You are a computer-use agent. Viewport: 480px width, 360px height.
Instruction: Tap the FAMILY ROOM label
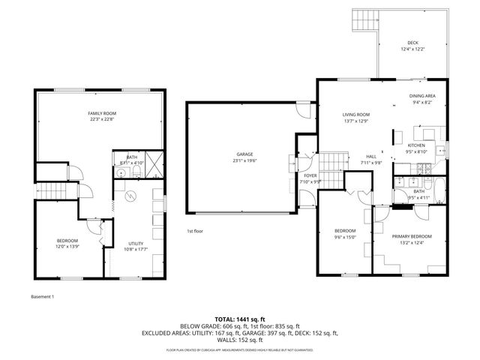coord(102,112)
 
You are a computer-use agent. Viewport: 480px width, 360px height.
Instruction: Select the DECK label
coord(412,43)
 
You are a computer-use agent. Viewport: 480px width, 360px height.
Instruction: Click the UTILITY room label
coord(136,244)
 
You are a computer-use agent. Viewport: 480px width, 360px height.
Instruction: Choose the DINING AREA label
coord(422,96)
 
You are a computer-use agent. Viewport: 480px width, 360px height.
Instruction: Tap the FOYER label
coord(310,175)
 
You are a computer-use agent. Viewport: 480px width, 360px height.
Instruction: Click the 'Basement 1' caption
coord(43,296)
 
